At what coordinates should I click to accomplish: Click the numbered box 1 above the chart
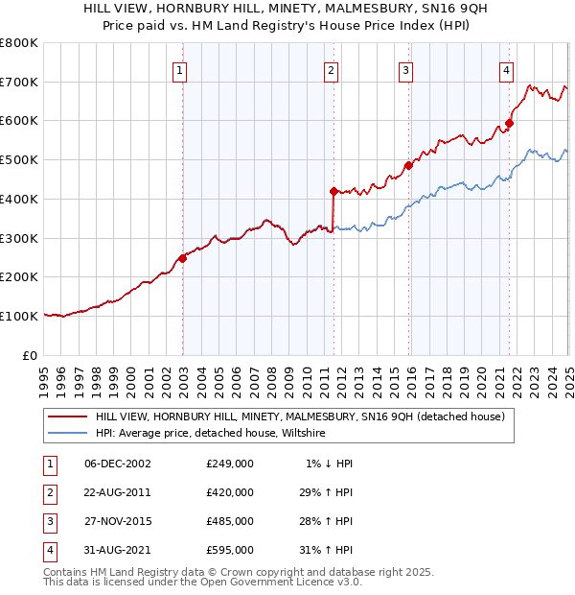click(180, 69)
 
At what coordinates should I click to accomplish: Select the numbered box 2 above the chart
click(331, 69)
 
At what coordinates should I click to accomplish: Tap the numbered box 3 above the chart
click(405, 69)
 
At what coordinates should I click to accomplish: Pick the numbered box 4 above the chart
click(505, 69)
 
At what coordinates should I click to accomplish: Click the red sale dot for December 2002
click(182, 257)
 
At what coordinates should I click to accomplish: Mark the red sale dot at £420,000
click(333, 191)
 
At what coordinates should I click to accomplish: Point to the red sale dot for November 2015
click(408, 165)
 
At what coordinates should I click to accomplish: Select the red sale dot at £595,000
click(509, 123)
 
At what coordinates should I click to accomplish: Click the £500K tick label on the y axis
click(19, 160)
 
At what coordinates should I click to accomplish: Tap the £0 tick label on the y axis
click(31, 355)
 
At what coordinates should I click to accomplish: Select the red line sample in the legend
click(67, 416)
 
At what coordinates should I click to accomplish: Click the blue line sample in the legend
click(67, 434)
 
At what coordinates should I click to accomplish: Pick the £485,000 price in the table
click(230, 521)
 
